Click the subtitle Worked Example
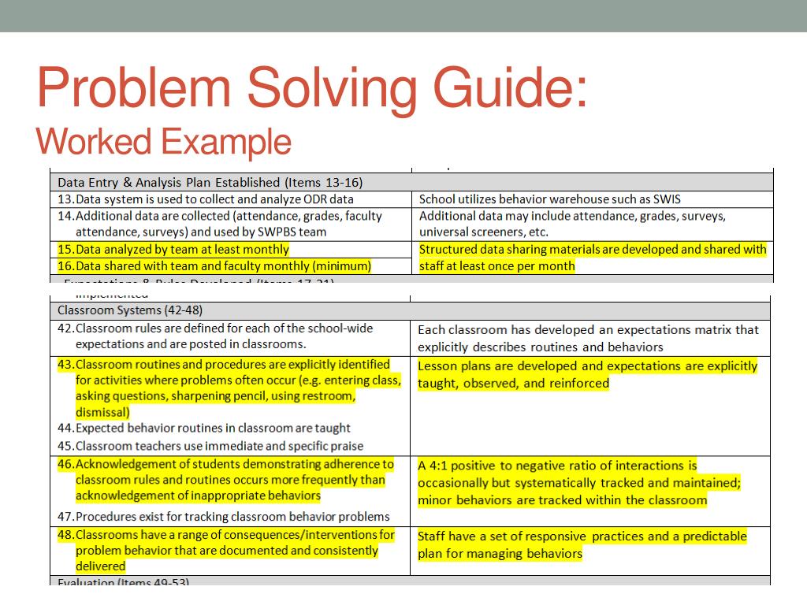click(164, 142)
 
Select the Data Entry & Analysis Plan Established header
click(210, 183)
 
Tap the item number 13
click(65, 199)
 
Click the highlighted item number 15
click(65, 250)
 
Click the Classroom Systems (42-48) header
click(130, 310)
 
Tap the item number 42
click(65, 328)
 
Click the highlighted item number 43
click(65, 365)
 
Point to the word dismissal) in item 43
click(102, 412)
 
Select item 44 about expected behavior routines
click(213, 429)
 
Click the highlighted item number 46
click(65, 464)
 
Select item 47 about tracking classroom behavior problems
click(232, 517)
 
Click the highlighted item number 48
click(65, 535)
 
